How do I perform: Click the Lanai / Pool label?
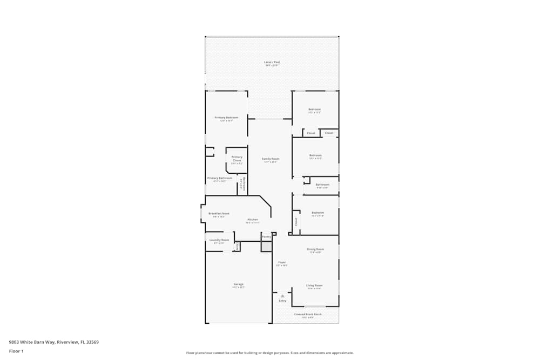272,63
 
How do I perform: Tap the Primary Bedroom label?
226,117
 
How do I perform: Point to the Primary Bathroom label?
220,178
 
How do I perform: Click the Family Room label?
271,159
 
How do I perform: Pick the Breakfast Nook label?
219,213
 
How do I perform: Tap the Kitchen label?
253,220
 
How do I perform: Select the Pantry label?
266,236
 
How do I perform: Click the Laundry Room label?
219,240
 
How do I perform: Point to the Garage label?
238,284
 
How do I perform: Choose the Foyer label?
282,262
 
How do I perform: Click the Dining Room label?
315,249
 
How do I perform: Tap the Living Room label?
314,286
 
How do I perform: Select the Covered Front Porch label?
308,314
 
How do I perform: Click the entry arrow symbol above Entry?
282,296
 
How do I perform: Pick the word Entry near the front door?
282,301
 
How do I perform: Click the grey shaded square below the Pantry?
266,246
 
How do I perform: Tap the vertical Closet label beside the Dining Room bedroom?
296,221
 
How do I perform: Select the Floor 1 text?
16,351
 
